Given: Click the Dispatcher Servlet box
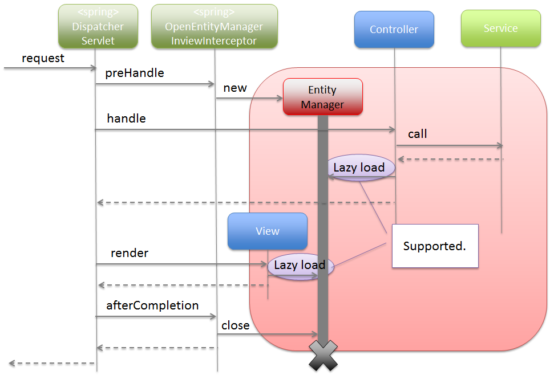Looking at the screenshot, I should (98, 27).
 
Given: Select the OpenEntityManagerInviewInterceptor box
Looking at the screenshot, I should (214, 27).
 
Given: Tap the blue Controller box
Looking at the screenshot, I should (394, 29).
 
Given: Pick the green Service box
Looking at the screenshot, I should (500, 28).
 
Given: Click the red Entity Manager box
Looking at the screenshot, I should (323, 97).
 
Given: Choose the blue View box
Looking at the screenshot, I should (268, 231).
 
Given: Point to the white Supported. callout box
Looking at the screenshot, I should (434, 246).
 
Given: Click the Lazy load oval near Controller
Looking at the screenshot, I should (359, 168).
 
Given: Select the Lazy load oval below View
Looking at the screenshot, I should (300, 265).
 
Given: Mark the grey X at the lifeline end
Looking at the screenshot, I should (323, 357).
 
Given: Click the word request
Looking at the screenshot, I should (43, 58).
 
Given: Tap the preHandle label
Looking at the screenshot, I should (134, 73).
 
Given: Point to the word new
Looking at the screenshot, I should (235, 88).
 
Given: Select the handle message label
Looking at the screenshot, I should (126, 119).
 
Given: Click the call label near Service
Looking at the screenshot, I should (418, 134).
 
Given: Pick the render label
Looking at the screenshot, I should (130, 253).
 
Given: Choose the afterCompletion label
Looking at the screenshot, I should (152, 305).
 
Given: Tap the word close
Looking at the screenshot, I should (236, 325).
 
